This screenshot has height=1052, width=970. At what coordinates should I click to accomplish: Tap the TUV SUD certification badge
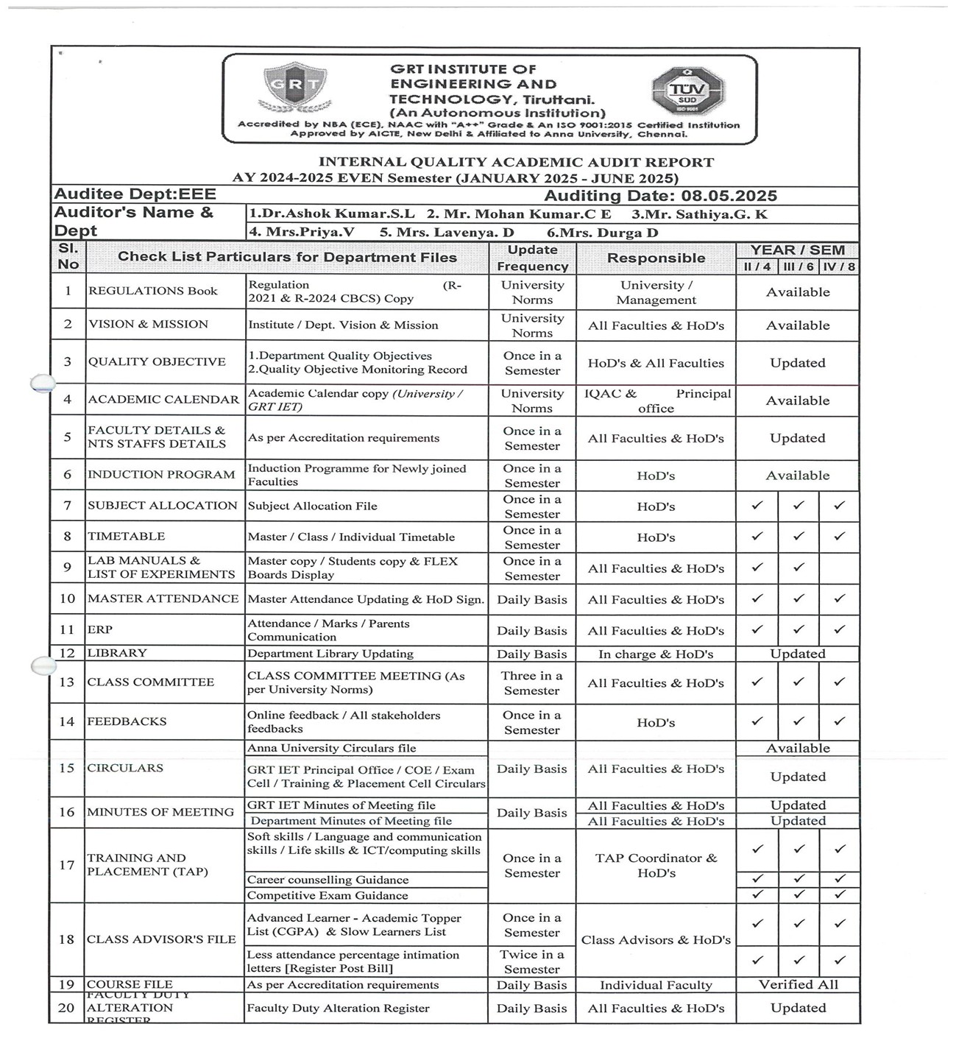click(x=687, y=91)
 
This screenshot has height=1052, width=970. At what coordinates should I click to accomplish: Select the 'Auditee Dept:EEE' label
click(x=135, y=194)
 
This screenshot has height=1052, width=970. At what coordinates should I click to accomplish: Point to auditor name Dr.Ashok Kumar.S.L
click(x=332, y=214)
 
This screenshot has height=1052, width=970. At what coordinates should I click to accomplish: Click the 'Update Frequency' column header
click(x=532, y=258)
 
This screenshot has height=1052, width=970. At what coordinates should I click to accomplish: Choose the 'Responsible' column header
click(x=656, y=258)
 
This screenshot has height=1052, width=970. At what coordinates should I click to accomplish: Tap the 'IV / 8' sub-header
click(x=839, y=266)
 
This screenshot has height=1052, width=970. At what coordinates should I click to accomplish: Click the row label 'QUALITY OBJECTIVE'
click(x=157, y=361)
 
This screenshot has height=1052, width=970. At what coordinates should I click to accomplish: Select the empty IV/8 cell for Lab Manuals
click(x=839, y=568)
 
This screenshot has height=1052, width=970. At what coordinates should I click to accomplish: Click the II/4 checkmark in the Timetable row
click(x=757, y=537)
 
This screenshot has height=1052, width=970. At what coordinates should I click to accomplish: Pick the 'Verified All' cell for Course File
click(x=798, y=984)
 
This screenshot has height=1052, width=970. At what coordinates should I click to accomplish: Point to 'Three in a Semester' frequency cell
click(x=532, y=683)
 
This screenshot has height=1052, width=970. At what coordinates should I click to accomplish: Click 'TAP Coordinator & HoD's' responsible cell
click(x=656, y=866)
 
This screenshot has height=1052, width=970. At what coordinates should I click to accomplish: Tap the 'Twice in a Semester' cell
click(x=532, y=961)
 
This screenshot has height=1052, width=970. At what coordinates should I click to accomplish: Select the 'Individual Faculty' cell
click(x=656, y=985)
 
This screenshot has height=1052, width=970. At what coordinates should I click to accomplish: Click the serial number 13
click(x=67, y=682)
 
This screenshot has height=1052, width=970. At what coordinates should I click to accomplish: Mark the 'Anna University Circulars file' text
click(x=332, y=748)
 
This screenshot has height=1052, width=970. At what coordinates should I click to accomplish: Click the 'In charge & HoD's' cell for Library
click(x=656, y=654)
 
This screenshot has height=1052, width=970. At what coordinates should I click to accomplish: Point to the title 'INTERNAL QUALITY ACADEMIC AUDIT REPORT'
click(x=516, y=162)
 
